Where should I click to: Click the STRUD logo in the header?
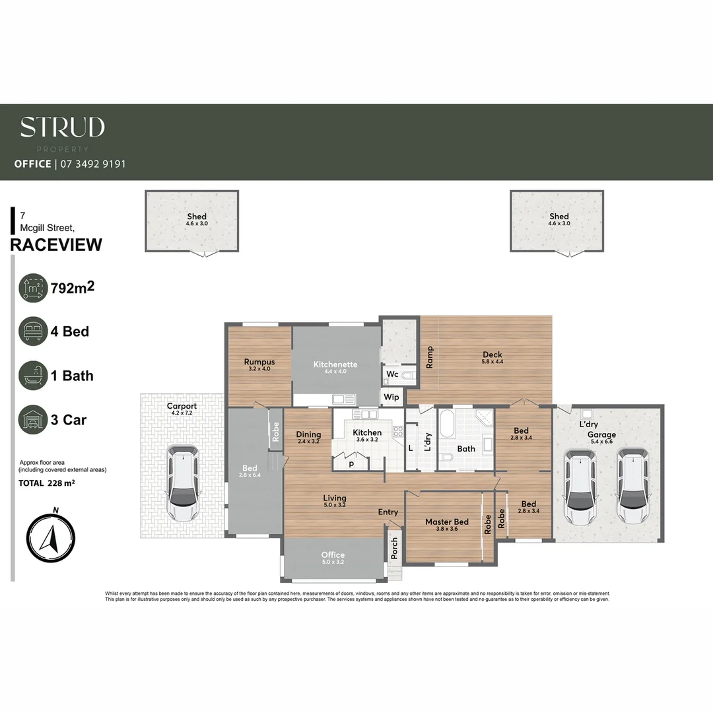(x=62, y=127)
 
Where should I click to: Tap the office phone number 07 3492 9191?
(x=92, y=164)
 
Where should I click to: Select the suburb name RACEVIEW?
(x=56, y=245)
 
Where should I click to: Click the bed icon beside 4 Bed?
(x=33, y=331)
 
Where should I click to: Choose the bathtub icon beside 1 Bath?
(x=33, y=376)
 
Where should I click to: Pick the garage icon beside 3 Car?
(x=33, y=420)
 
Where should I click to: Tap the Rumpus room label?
(x=259, y=362)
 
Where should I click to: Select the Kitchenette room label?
(x=335, y=364)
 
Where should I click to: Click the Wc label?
(x=392, y=374)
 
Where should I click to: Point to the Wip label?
(x=391, y=397)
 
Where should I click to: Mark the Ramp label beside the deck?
(x=430, y=357)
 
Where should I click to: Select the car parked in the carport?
(x=182, y=482)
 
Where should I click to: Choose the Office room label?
(x=333, y=555)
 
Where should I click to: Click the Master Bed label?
(x=446, y=522)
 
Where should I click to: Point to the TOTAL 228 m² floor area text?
(x=47, y=483)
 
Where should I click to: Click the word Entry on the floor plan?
(x=388, y=512)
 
